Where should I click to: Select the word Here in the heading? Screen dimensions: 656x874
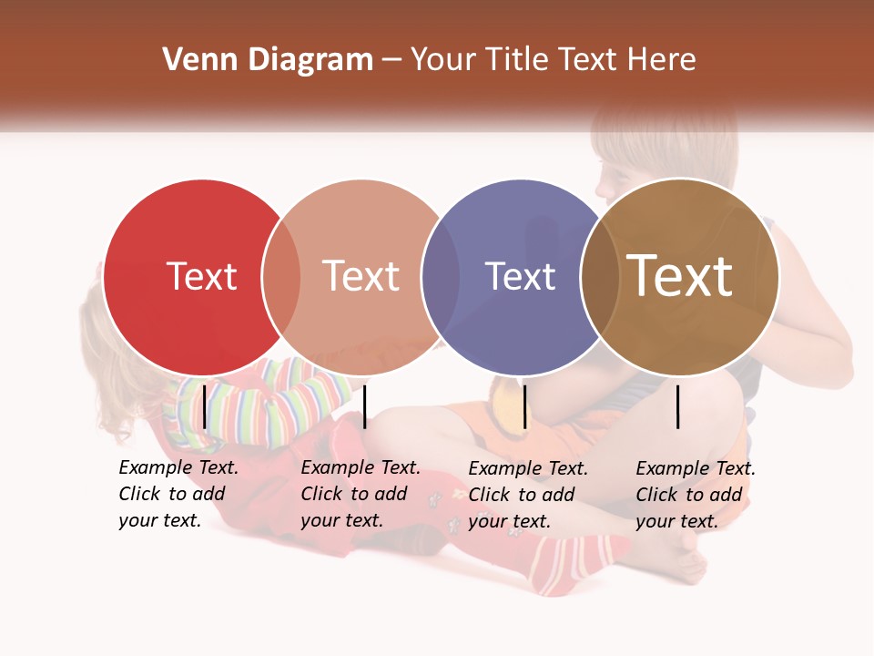(x=663, y=60)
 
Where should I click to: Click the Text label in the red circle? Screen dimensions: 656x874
(x=201, y=276)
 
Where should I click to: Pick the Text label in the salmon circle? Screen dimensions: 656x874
(x=361, y=276)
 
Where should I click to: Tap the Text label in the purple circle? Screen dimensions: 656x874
(x=520, y=276)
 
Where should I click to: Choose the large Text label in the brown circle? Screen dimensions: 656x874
(x=680, y=276)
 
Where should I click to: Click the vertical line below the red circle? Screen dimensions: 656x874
(x=205, y=406)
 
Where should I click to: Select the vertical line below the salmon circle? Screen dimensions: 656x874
(x=364, y=406)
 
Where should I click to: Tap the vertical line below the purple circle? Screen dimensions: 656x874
(x=524, y=406)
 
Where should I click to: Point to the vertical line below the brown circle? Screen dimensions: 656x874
(x=678, y=406)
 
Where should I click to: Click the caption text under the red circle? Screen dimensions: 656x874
(x=178, y=494)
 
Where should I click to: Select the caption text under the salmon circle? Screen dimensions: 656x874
(x=361, y=494)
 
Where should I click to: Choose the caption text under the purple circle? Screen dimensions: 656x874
(x=528, y=495)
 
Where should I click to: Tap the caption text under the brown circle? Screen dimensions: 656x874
(x=696, y=495)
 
